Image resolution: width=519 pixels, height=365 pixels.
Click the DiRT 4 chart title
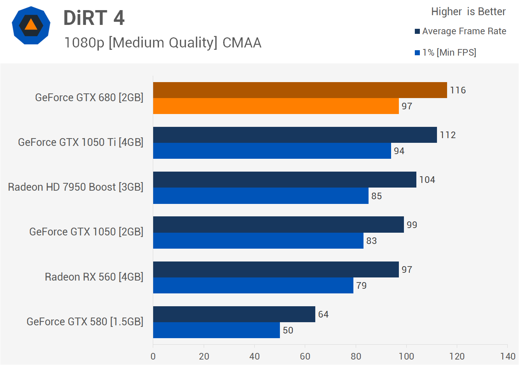[94, 18]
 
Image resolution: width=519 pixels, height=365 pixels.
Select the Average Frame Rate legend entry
[460, 31]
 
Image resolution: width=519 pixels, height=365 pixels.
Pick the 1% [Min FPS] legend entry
[446, 53]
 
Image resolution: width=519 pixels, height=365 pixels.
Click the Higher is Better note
[468, 12]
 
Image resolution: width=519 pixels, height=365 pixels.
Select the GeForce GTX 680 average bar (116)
[300, 90]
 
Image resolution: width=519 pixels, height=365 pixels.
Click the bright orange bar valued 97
[276, 106]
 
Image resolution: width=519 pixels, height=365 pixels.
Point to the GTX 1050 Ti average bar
[295, 135]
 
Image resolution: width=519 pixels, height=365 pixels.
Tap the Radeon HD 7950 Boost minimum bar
[260, 196]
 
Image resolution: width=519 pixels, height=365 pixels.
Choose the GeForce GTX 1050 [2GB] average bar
[278, 225]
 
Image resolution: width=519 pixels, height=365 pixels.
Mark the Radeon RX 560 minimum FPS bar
[253, 285]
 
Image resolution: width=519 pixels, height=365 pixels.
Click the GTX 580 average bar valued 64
[234, 314]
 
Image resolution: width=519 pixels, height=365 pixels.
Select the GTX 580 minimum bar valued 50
[216, 330]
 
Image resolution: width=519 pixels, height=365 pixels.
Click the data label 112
[447, 135]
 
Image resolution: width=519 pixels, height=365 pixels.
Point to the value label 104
[427, 180]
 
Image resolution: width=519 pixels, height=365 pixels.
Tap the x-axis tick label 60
[305, 356]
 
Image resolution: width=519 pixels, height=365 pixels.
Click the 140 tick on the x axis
[507, 356]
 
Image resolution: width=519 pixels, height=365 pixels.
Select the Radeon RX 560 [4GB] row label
[94, 277]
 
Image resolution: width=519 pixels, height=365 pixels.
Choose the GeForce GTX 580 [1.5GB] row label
[85, 321]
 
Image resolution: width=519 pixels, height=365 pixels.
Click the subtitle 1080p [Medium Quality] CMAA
[163, 42]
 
